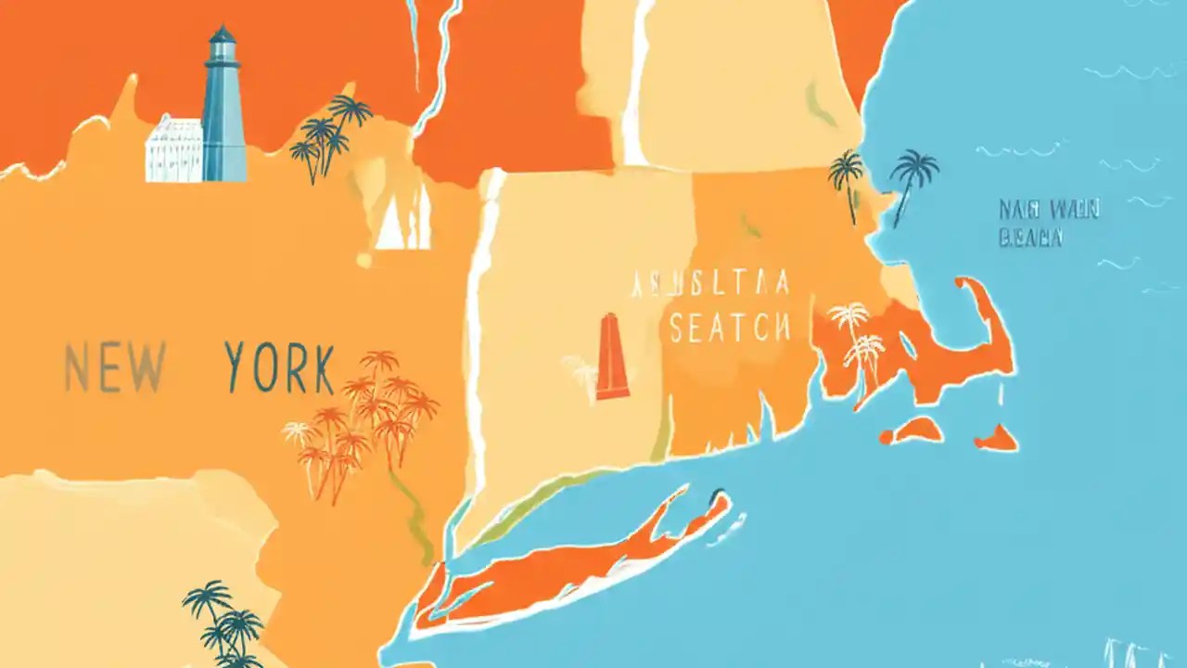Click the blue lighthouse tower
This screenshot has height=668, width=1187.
click(x=223, y=121)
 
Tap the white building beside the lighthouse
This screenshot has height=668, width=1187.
click(x=173, y=149)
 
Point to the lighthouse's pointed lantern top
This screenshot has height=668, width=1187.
click(x=222, y=35)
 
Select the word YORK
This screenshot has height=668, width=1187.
click(x=279, y=367)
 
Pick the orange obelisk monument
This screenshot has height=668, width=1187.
click(x=612, y=357)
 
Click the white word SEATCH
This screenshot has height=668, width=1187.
click(x=730, y=328)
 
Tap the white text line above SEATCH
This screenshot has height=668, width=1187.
click(x=710, y=283)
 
